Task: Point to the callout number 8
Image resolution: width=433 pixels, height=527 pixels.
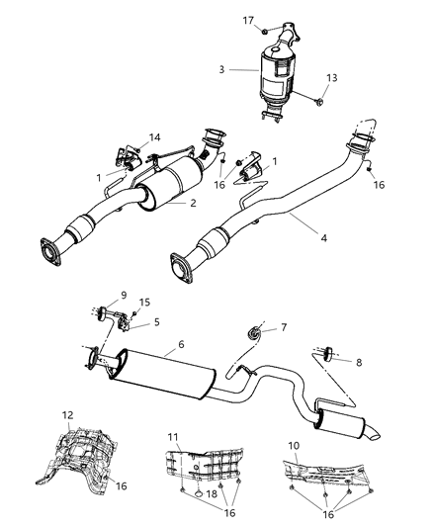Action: click(359, 363)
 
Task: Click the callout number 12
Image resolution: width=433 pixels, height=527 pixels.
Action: click(68, 416)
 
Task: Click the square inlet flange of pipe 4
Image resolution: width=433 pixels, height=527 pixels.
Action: click(182, 270)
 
